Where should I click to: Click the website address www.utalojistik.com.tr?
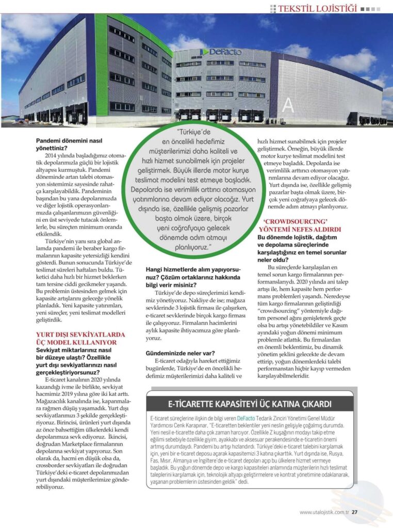pos(324,512)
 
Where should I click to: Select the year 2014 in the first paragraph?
pos(51,156)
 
